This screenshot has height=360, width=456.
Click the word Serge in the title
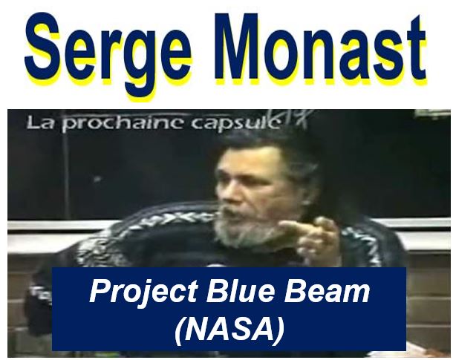click(108, 51)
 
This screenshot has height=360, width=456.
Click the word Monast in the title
click(320, 47)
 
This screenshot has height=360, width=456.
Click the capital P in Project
click(99, 290)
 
